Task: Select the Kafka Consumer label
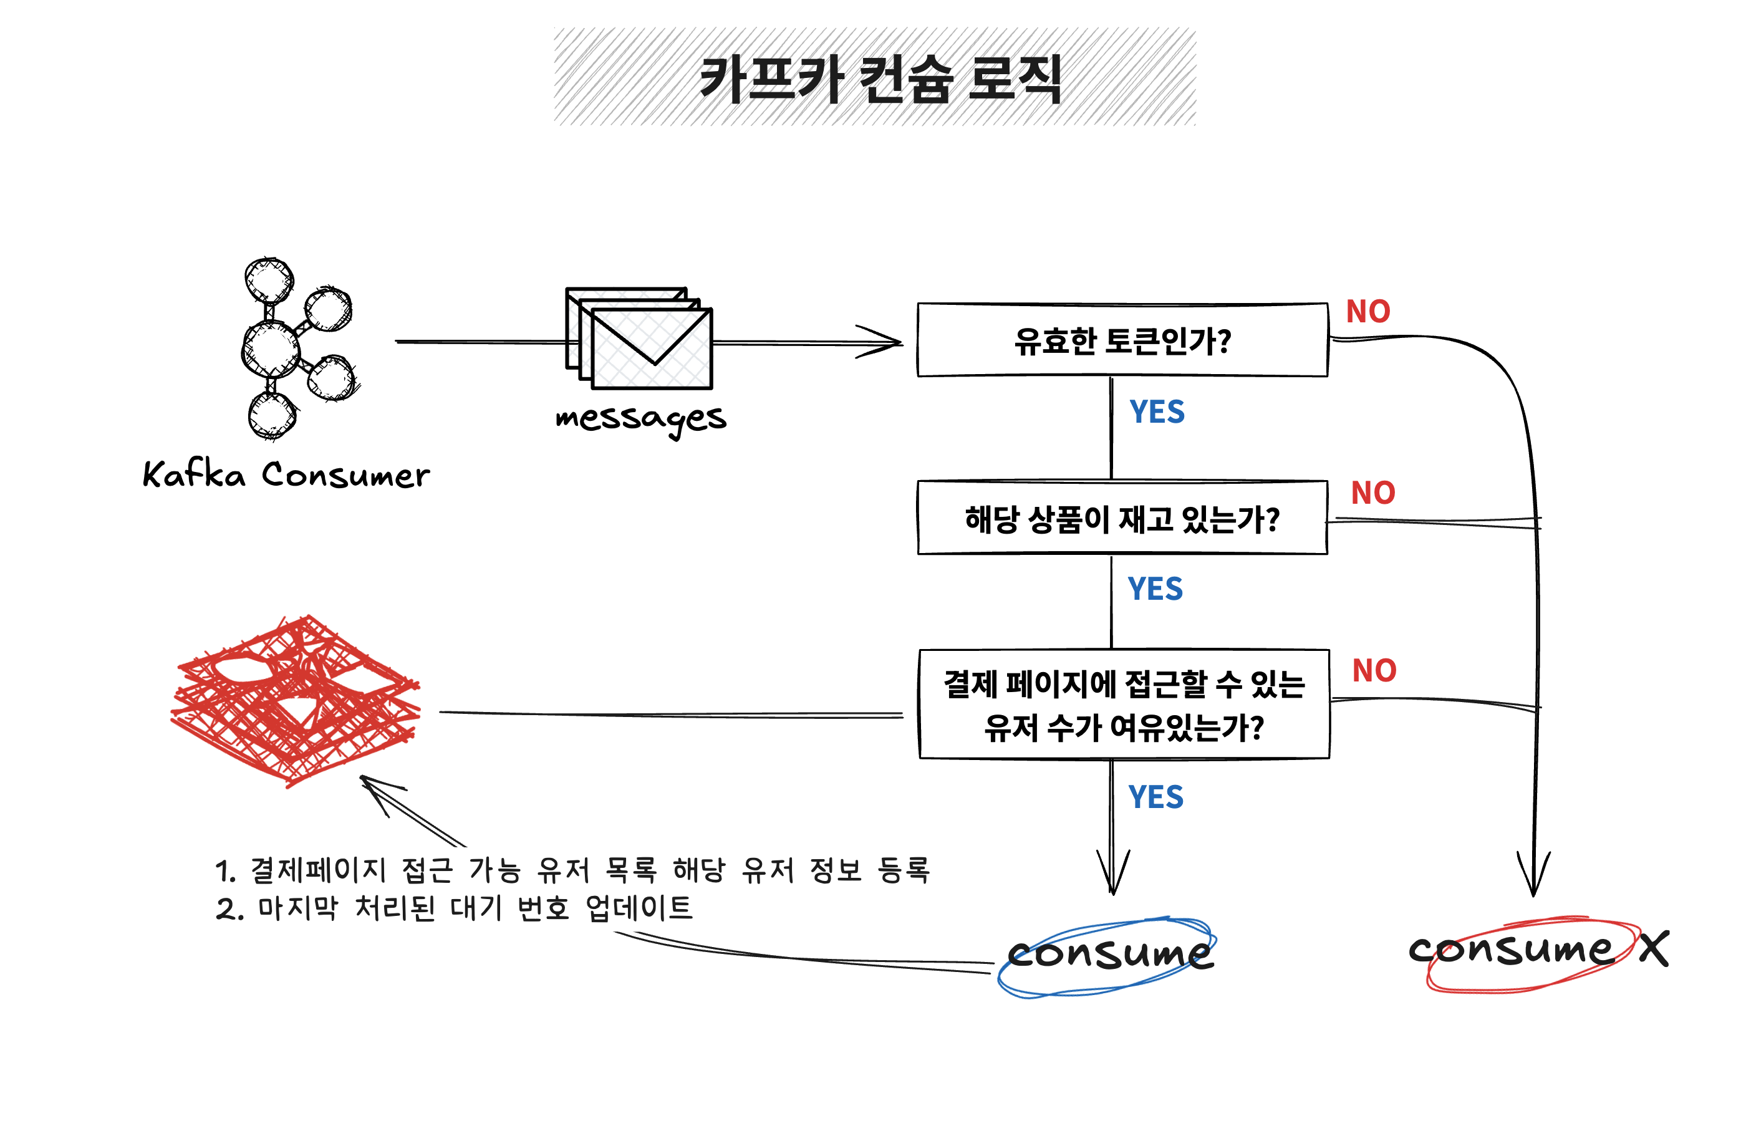point(286,474)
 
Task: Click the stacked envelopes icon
point(639,339)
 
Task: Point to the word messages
point(640,420)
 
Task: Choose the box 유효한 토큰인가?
point(1122,340)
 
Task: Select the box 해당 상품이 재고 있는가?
point(1122,517)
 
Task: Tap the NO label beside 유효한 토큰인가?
point(1367,312)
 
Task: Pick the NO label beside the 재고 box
point(1372,493)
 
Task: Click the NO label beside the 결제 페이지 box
point(1373,670)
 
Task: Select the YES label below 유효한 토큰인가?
point(1156,412)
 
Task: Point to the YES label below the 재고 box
point(1154,589)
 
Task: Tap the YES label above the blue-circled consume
point(1155,797)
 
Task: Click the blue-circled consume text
point(1109,954)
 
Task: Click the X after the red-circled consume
point(1652,949)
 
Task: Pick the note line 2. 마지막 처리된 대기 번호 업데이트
point(453,909)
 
